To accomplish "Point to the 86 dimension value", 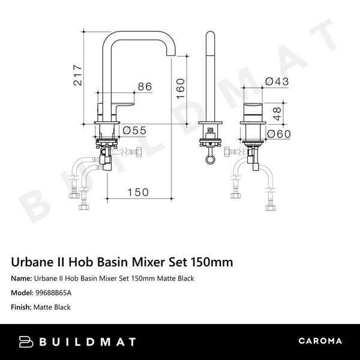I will (x=145, y=87).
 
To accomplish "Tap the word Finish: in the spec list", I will (x=23, y=307).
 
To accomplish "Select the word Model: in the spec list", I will (x=23, y=293).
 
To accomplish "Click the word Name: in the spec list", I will (x=22, y=278).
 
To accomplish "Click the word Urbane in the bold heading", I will (x=30, y=262).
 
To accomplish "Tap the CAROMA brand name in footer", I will (x=320, y=341).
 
